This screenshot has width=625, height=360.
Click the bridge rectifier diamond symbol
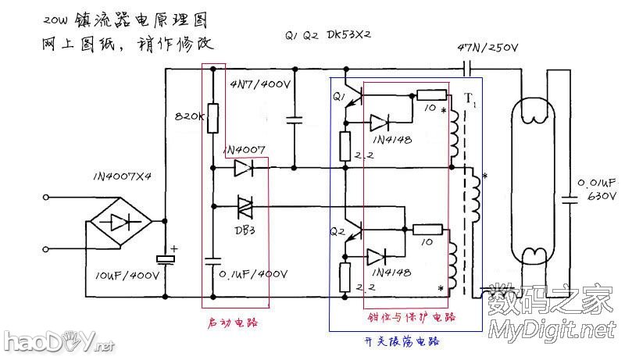pos(118,223)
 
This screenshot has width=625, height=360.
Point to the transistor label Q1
pos(339,98)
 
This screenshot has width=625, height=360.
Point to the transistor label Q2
pos(337,231)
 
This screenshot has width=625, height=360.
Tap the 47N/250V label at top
pos(487,48)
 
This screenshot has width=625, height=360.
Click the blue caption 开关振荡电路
pos(402,341)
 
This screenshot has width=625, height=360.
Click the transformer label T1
pos(469,99)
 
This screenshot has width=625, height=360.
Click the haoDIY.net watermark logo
pos(59,340)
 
